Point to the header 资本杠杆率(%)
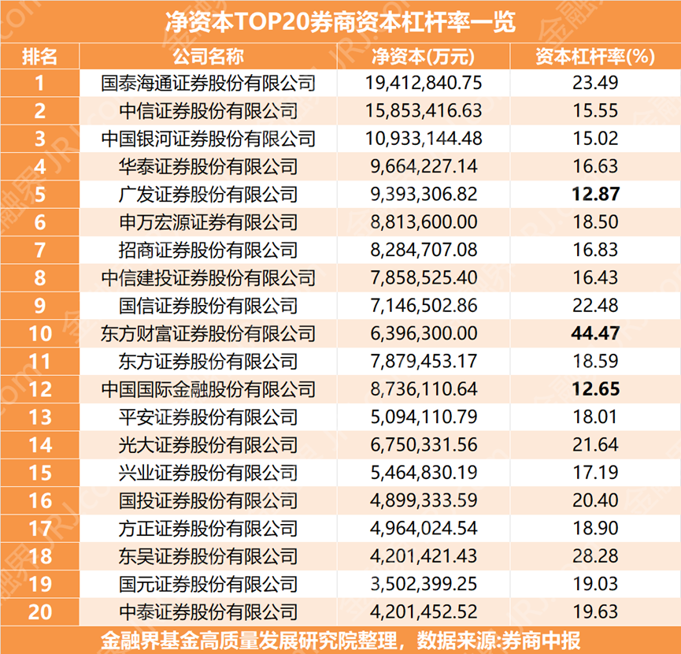click(596, 56)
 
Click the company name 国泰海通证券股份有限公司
click(209, 82)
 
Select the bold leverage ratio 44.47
click(596, 333)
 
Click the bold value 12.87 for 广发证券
click(596, 195)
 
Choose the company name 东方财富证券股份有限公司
click(209, 333)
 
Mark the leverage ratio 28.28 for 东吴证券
click(596, 556)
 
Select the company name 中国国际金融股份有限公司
click(209, 389)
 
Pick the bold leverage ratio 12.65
click(596, 389)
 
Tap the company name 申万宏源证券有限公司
click(209, 222)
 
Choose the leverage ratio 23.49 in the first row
click(596, 82)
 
